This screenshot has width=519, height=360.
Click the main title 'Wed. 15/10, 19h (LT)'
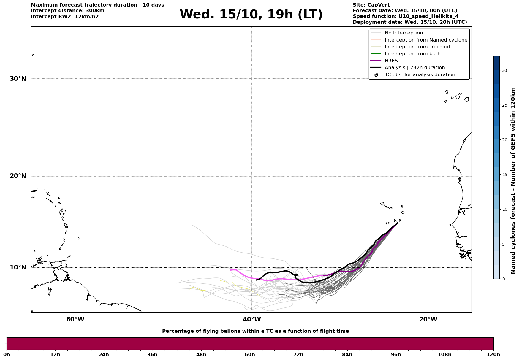point(251,15)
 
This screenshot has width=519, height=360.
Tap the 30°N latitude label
point(18,79)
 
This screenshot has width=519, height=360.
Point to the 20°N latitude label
point(18,176)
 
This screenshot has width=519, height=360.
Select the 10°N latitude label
point(18,267)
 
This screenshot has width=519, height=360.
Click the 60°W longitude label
point(75,319)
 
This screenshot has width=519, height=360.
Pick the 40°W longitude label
point(252,319)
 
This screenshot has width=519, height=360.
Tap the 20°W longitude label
point(428,319)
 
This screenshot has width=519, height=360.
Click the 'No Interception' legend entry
point(404,33)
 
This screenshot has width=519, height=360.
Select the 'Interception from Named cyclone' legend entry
point(426,40)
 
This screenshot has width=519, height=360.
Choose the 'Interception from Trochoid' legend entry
point(417,47)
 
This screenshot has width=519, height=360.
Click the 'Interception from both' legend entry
point(412,54)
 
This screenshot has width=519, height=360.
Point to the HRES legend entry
point(391,61)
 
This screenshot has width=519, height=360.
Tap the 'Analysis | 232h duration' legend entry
point(414,68)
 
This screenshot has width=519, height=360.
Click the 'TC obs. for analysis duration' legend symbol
point(376,75)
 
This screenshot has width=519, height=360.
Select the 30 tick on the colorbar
point(504,70)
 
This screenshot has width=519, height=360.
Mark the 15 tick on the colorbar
point(504,175)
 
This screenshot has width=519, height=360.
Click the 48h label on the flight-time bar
point(201,355)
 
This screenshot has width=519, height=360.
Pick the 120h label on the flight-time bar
point(493,355)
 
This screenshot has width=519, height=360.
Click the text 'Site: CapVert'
point(371,5)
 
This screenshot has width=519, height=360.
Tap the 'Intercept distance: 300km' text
point(67,11)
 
